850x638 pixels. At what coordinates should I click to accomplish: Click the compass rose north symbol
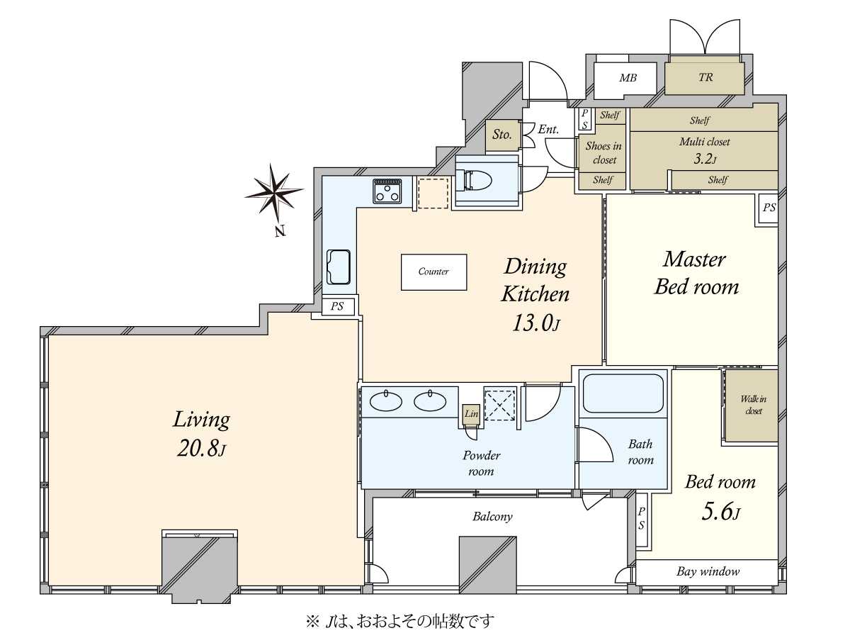point(274,194)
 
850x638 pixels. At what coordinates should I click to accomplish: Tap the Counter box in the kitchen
point(433,272)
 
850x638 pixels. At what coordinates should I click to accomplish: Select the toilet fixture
point(475,181)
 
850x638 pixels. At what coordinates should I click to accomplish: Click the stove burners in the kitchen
point(387,191)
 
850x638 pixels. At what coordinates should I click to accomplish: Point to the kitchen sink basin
point(339,267)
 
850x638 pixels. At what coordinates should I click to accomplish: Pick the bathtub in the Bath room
point(623,393)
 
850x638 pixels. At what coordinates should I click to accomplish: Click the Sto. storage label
point(502,135)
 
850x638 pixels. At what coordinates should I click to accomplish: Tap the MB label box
point(628,78)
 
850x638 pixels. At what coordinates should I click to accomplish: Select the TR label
point(705,77)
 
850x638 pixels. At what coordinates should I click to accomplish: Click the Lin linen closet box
point(471,414)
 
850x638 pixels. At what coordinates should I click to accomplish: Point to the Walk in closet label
point(753,405)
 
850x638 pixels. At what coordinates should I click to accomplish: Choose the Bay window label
point(708,571)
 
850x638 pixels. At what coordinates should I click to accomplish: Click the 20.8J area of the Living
point(201,449)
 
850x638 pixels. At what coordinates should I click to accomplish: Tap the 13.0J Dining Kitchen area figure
point(535,323)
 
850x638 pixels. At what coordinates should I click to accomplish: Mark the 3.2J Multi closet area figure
point(705,158)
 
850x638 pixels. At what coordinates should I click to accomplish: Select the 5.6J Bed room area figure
point(720,512)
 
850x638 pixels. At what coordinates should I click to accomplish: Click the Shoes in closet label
point(603,152)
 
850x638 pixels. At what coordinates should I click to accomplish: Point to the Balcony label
point(492,516)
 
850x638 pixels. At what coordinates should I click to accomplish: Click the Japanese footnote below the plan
point(400,622)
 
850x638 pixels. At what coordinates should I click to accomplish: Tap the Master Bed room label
point(696,274)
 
